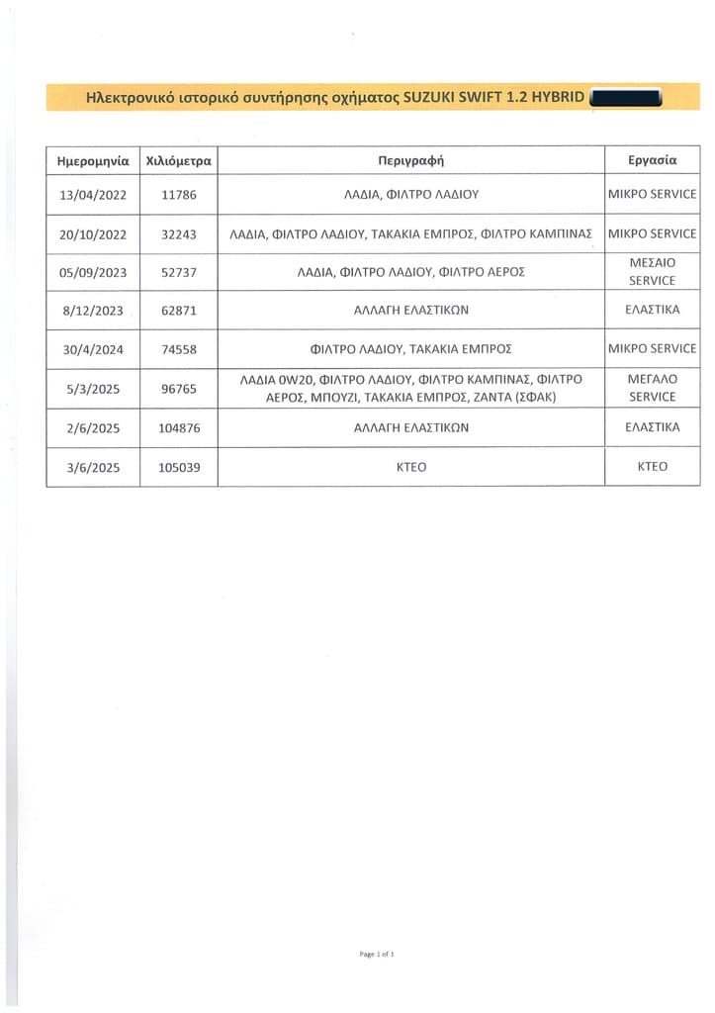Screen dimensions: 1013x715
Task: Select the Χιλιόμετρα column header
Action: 179,159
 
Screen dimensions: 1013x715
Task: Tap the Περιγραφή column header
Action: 410,159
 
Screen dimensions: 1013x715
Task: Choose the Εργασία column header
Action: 653,159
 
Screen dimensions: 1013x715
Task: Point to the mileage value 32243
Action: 179,234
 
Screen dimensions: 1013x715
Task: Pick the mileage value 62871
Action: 179,311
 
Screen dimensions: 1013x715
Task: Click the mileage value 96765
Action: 179,389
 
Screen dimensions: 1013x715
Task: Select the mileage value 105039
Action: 179,467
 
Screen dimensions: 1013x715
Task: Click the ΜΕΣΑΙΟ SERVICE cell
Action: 653,272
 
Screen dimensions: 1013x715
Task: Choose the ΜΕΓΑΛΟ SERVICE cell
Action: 653,388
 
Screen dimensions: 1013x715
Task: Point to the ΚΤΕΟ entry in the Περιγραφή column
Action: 410,467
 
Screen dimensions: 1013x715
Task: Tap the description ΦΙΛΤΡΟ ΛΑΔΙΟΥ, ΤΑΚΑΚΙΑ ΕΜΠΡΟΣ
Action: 410,349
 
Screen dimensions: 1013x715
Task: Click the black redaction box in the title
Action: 625,98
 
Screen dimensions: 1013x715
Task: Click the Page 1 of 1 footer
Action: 377,954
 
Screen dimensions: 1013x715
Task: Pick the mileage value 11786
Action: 179,195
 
